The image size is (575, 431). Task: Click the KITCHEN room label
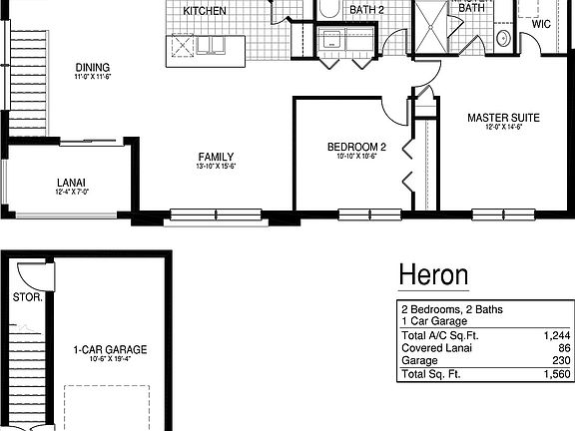pyautogui.click(x=205, y=11)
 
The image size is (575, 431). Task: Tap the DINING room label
pyautogui.click(x=91, y=66)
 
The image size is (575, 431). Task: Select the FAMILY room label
pyautogui.click(x=216, y=156)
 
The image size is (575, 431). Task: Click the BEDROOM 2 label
pyautogui.click(x=356, y=148)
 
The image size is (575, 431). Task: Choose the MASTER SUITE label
pyautogui.click(x=503, y=118)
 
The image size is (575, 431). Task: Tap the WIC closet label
pyautogui.click(x=541, y=22)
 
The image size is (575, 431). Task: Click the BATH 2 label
pyautogui.click(x=366, y=10)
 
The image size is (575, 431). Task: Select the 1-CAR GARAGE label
pyautogui.click(x=110, y=349)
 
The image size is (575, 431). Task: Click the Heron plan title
pyautogui.click(x=433, y=273)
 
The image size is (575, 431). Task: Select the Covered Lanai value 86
pyautogui.click(x=562, y=349)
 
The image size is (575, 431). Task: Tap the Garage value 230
pyautogui.click(x=559, y=361)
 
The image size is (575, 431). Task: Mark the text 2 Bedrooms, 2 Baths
pyautogui.click(x=452, y=310)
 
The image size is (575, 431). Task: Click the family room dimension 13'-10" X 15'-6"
pyautogui.click(x=216, y=168)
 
